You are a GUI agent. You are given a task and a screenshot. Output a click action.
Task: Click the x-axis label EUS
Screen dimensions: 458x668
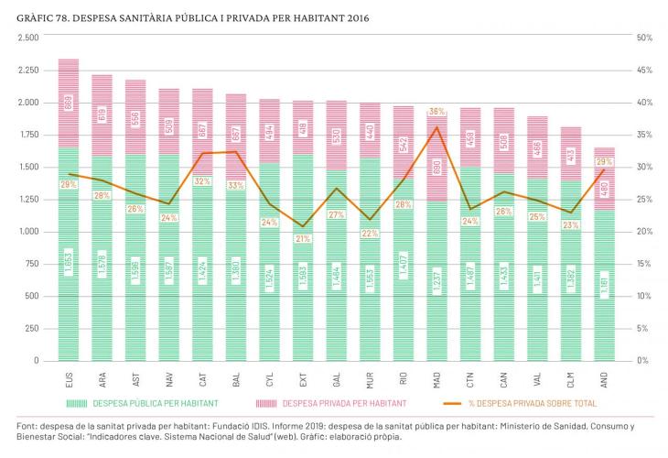pyautogui.click(x=69, y=377)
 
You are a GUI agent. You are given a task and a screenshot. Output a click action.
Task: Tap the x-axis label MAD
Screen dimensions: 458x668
pyautogui.click(x=437, y=377)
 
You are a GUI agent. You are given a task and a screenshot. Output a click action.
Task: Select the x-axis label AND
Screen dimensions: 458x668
pyautogui.click(x=605, y=377)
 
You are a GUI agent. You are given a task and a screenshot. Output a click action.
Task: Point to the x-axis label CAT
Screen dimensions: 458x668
pyautogui.click(x=202, y=377)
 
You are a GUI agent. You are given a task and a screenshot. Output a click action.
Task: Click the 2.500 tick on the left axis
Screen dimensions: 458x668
pyautogui.click(x=27, y=38)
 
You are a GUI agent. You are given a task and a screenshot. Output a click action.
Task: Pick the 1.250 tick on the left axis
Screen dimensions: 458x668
pyautogui.click(x=27, y=199)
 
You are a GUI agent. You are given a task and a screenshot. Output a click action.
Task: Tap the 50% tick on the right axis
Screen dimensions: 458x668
pyautogui.click(x=643, y=38)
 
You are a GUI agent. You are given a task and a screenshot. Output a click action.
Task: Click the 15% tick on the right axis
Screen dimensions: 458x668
pyautogui.click(x=643, y=264)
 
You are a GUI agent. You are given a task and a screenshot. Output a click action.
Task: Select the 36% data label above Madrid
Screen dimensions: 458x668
pyautogui.click(x=436, y=112)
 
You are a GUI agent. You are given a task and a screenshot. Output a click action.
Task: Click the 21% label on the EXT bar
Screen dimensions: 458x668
pyautogui.click(x=303, y=238)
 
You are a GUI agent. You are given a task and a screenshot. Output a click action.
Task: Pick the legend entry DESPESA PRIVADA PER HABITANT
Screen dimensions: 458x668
pyautogui.click(x=344, y=403)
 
